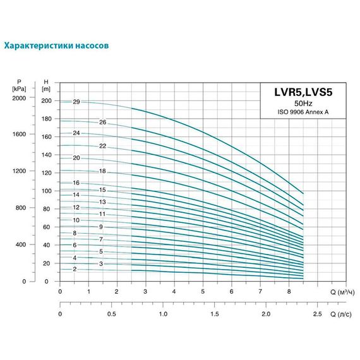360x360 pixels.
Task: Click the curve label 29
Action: click(76, 102)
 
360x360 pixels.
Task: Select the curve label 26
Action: click(102, 122)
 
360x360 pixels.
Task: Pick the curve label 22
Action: click(102, 146)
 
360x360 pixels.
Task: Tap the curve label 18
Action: click(102, 172)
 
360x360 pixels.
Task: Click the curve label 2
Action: click(75, 269)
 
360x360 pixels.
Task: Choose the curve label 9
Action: click(100, 227)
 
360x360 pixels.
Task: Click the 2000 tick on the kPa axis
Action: click(19, 99)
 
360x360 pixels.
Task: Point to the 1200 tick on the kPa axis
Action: click(19, 172)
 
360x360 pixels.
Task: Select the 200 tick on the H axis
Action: click(46, 101)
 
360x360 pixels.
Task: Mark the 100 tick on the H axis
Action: click(46, 191)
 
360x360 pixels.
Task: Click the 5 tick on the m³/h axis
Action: click(203, 292)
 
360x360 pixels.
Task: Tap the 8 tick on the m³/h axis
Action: click(289, 292)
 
